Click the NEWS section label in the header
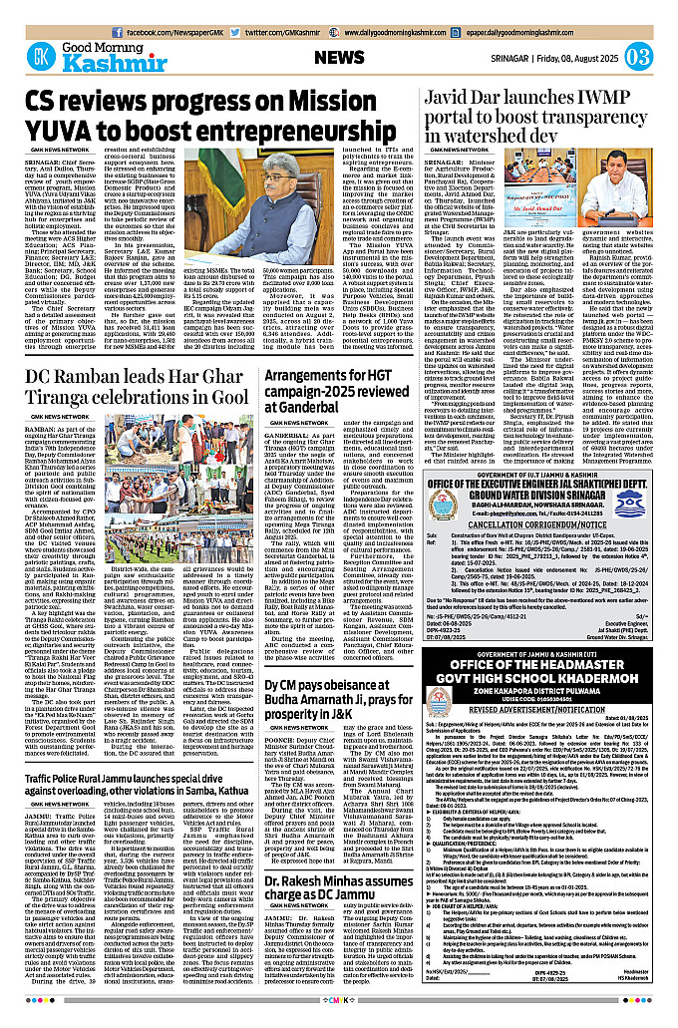click(x=340, y=58)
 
